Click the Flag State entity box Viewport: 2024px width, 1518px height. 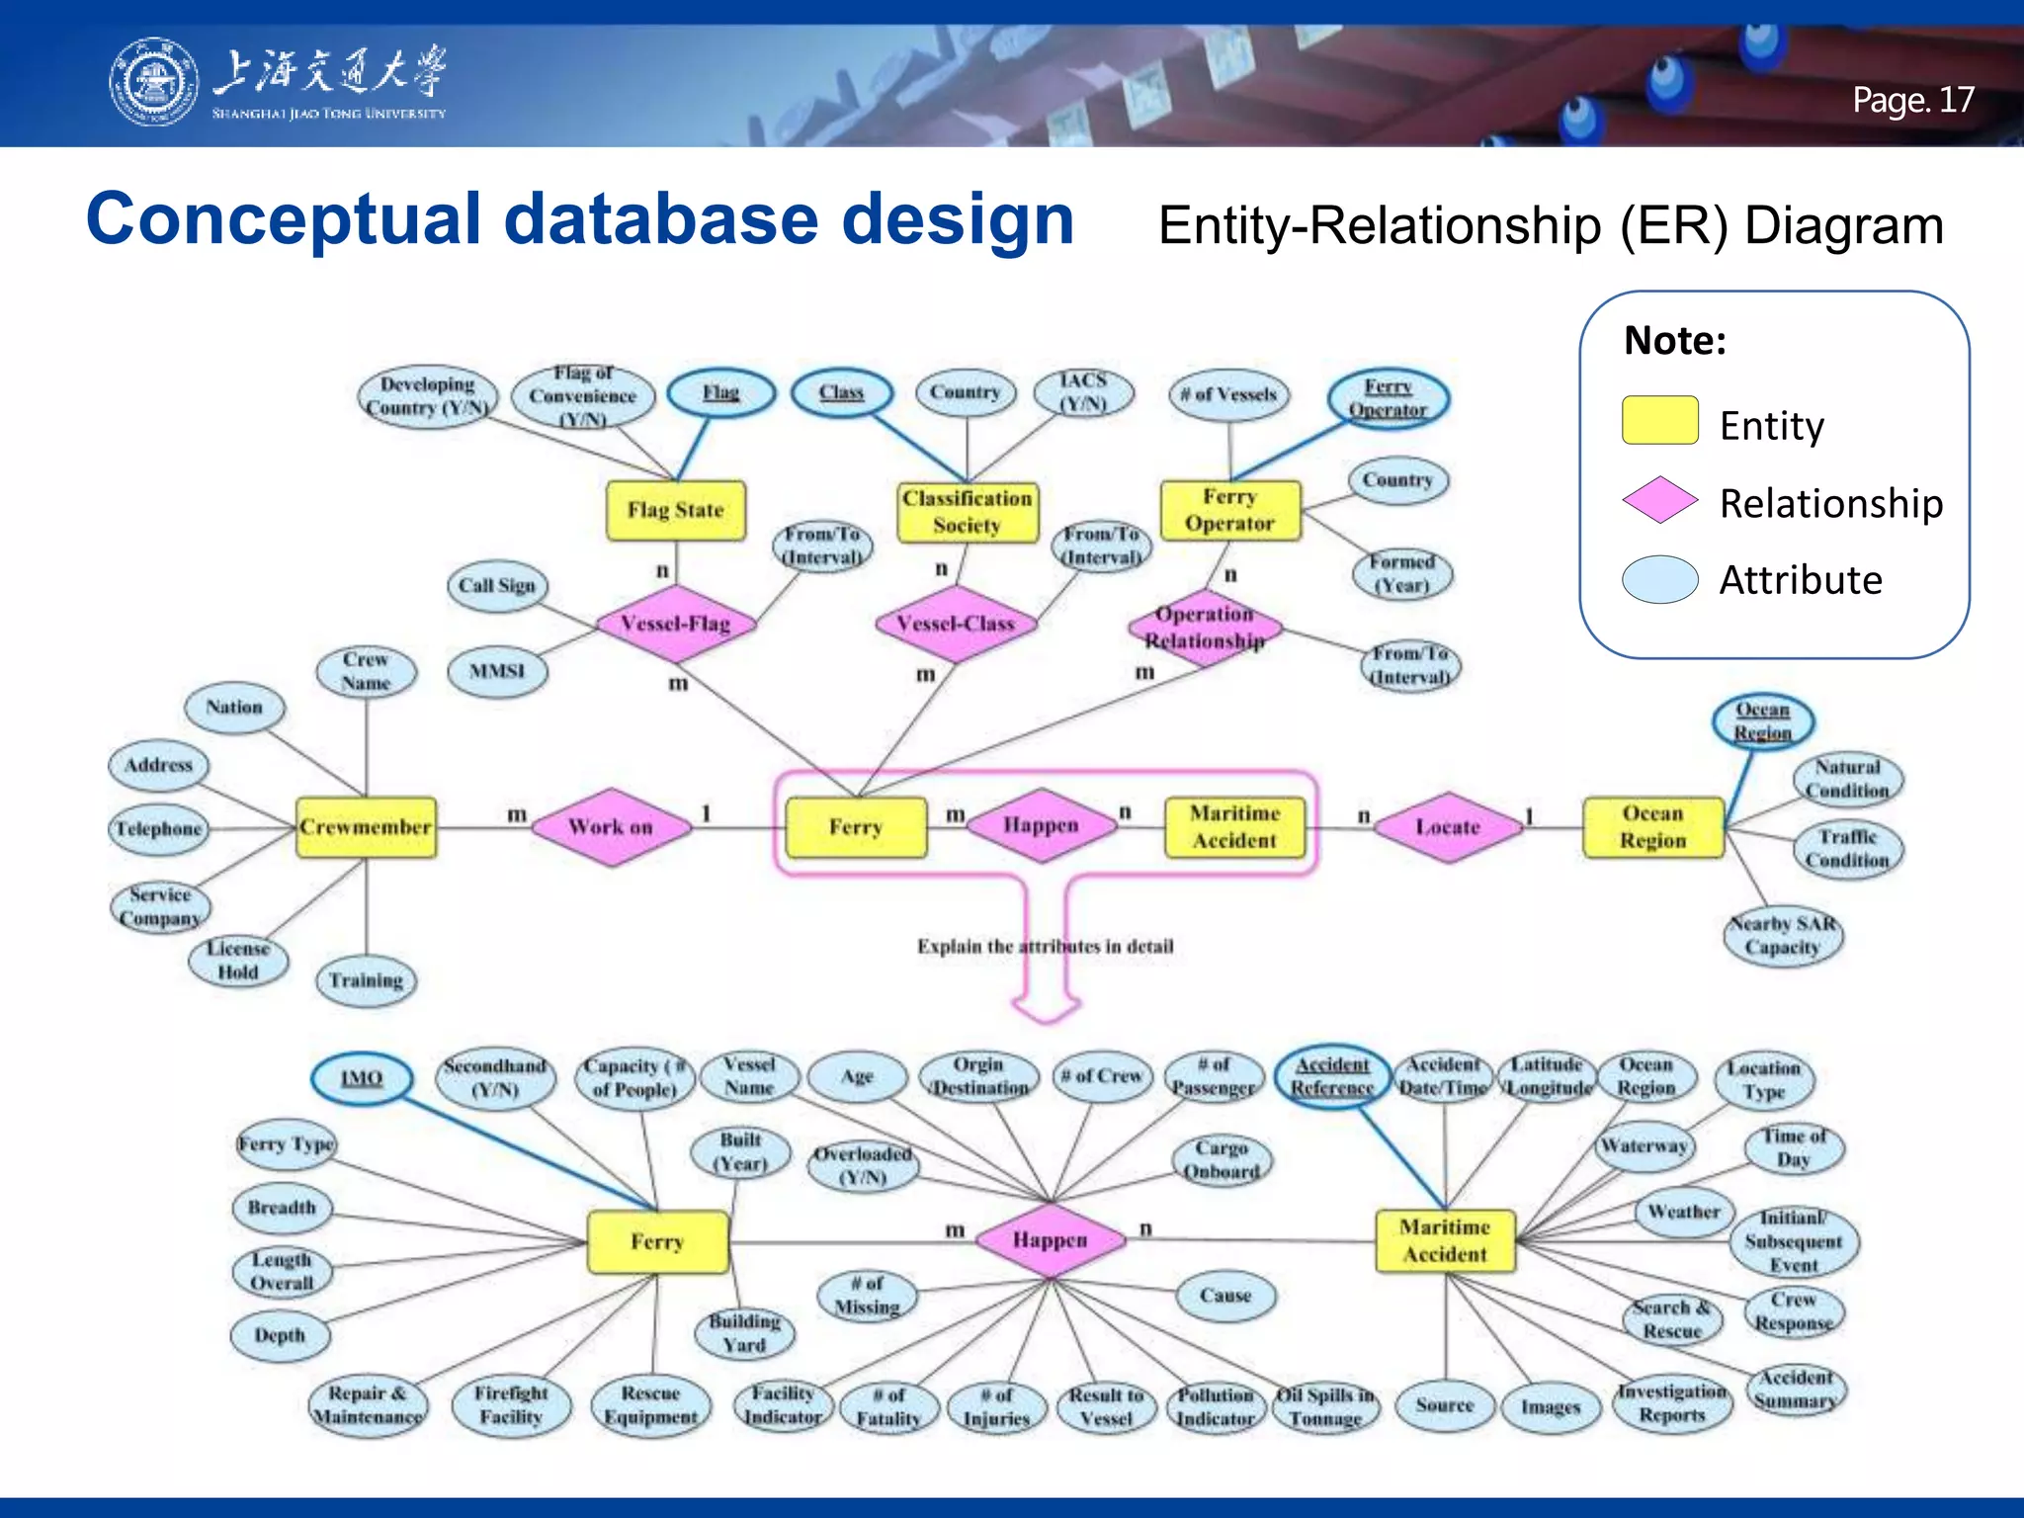pos(675,510)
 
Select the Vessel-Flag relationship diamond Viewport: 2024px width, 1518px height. pos(675,624)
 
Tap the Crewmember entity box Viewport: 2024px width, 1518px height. pos(366,827)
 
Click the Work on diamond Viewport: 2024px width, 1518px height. pos(611,827)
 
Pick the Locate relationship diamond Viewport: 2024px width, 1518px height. pos(1447,827)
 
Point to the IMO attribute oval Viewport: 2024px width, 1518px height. pos(362,1078)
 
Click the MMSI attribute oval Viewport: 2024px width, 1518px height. pos(496,672)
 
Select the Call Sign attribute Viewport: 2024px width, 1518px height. pos(496,585)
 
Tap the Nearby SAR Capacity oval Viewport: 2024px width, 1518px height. pos(1782,936)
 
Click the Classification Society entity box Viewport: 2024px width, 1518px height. pos(967,512)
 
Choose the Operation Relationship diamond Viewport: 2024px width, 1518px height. pos(1205,628)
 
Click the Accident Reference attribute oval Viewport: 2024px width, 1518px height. pos(1332,1076)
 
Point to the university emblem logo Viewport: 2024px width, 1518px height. pos(152,82)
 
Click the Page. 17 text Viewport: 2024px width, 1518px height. pos(1912,100)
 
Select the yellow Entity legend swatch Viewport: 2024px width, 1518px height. pos(1659,421)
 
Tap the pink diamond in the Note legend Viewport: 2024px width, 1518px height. pos(1659,499)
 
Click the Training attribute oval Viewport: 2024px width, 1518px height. pos(366,980)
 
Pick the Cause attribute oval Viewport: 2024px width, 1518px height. pos(1225,1296)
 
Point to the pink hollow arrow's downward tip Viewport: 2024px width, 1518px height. pos(1047,1019)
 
